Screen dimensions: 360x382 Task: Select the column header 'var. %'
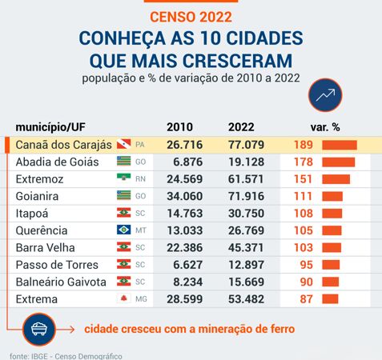325,127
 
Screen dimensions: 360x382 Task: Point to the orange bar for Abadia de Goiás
337,162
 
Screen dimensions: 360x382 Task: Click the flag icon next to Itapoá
123,213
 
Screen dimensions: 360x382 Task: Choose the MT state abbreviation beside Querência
141,230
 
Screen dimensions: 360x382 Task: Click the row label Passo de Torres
57,265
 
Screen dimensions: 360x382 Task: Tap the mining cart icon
38,328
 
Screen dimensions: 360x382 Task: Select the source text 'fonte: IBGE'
24,354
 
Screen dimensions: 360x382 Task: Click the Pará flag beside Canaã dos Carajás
123,145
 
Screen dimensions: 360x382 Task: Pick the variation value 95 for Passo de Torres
305,265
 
